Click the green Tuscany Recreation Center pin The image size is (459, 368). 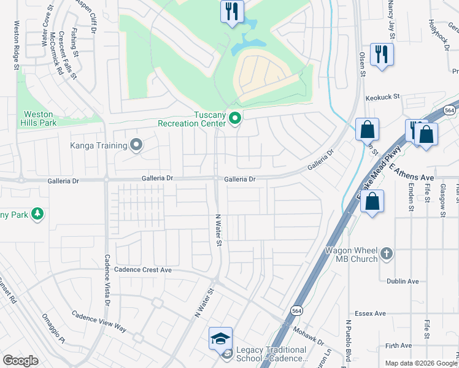(x=234, y=118)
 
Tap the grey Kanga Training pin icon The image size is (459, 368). (x=136, y=145)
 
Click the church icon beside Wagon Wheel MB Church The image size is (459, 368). (x=387, y=253)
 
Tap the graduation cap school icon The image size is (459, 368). (x=220, y=338)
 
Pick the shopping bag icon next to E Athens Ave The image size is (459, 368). (x=372, y=202)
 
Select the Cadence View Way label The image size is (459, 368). (x=99, y=321)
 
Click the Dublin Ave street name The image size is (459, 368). (x=403, y=282)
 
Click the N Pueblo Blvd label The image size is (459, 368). (x=348, y=340)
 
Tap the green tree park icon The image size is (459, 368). (x=38, y=213)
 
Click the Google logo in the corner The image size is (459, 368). (x=20, y=361)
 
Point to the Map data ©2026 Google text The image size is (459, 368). (x=421, y=363)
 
